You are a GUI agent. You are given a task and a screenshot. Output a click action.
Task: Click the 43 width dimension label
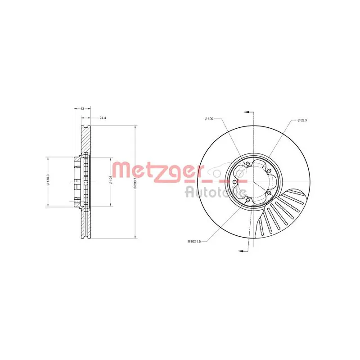(82, 108)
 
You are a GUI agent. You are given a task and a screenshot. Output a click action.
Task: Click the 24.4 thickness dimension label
(103, 118)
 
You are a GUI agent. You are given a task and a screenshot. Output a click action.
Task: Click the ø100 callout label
(208, 118)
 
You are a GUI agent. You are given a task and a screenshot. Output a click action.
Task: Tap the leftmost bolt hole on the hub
(235, 181)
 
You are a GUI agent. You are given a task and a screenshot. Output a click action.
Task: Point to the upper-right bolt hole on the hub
(269, 171)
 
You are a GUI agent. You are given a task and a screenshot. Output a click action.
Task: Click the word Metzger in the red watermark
(155, 171)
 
